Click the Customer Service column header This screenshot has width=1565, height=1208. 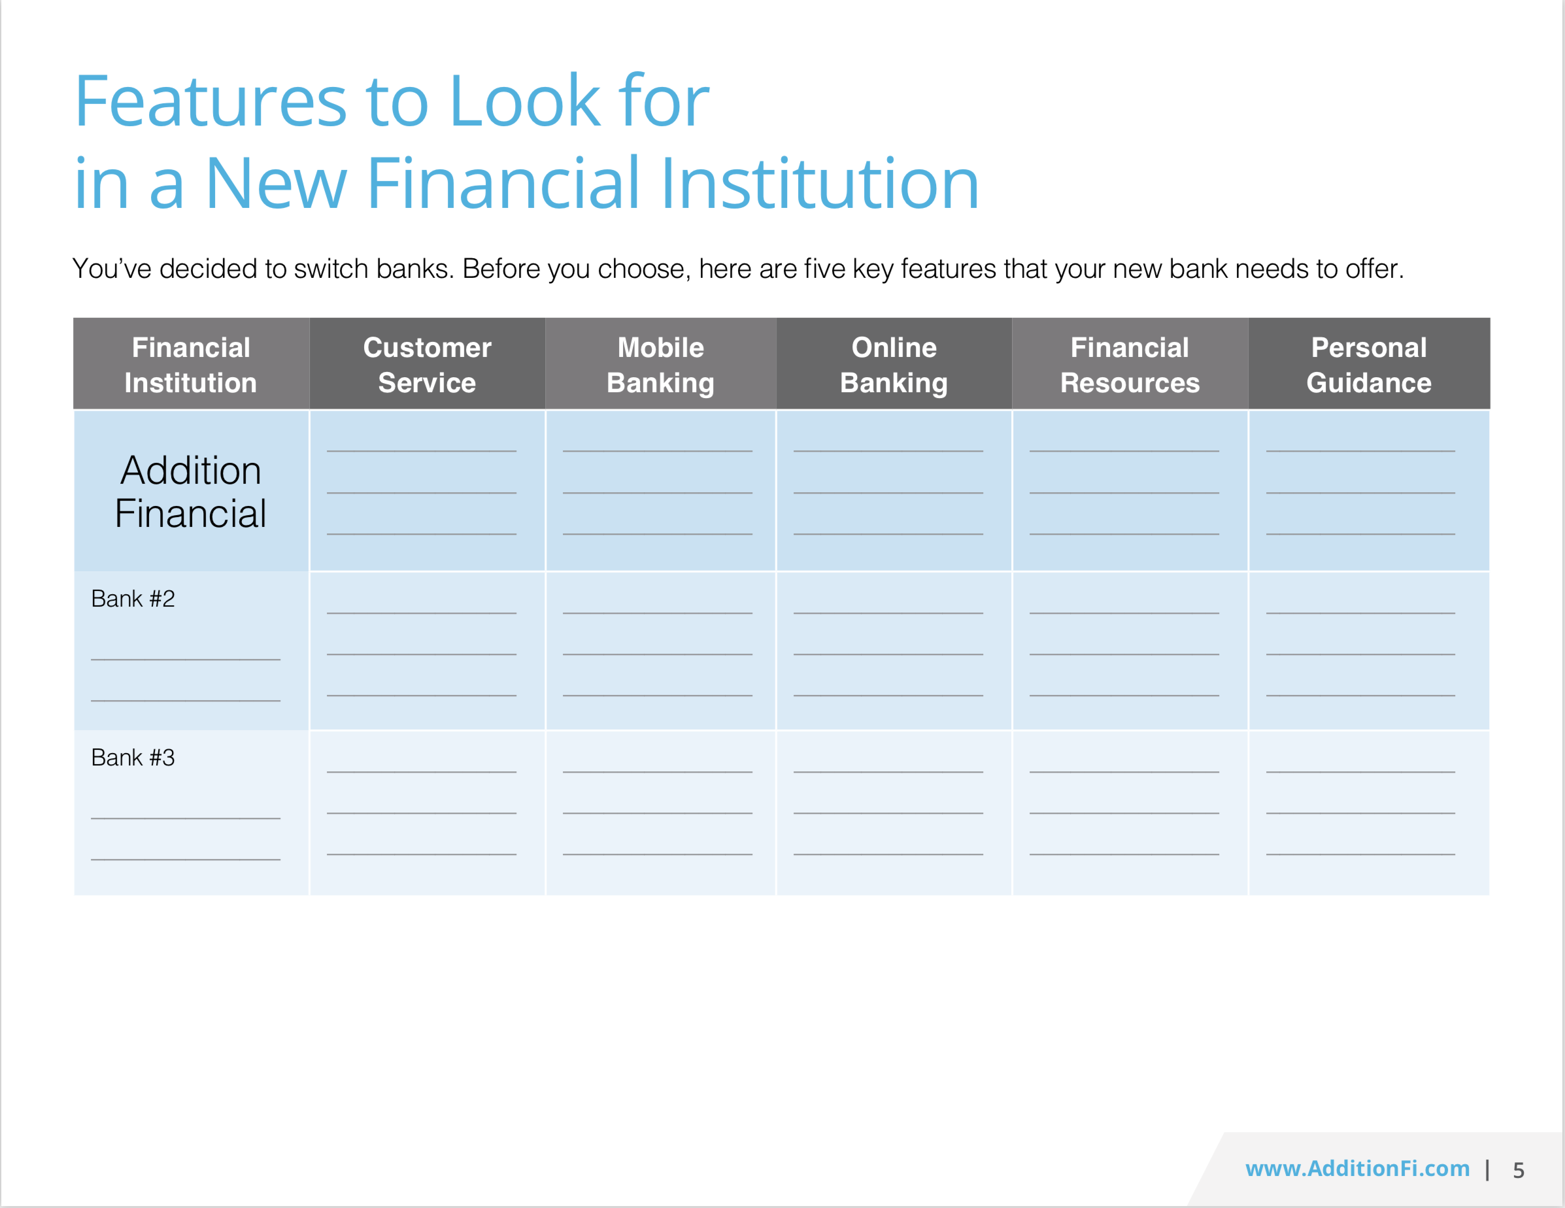[427, 365]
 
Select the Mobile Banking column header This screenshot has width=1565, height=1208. [660, 365]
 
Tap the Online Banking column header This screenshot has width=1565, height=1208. [894, 365]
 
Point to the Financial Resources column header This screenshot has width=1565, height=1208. [1130, 365]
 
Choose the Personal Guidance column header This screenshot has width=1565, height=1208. [1368, 365]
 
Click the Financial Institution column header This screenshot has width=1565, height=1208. [191, 365]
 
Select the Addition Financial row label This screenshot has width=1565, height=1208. [191, 492]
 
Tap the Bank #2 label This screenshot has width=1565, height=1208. [133, 599]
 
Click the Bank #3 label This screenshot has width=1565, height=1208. [133, 758]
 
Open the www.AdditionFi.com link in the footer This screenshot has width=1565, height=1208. [1357, 1169]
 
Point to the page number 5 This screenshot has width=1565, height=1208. [1518, 1170]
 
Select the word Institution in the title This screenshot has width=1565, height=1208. [819, 184]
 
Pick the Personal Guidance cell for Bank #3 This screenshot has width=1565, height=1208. [1368, 813]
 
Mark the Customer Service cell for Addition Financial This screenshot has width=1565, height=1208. [427, 492]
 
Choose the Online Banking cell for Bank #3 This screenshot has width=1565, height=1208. [894, 813]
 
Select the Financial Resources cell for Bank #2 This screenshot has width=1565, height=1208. [1130, 650]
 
